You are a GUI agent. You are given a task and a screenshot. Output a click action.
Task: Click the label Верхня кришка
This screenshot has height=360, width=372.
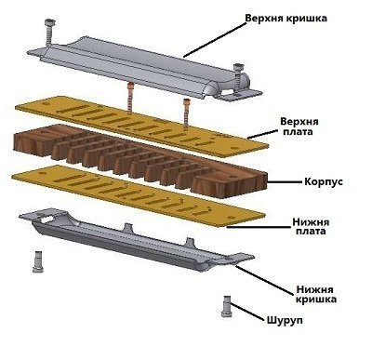coord(286,19)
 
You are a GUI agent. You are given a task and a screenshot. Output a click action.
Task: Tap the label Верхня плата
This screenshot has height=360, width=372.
coord(299,126)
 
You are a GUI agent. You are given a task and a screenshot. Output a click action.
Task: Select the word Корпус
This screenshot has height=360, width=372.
coord(324,181)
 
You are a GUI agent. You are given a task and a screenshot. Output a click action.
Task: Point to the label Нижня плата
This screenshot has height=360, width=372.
coord(311,226)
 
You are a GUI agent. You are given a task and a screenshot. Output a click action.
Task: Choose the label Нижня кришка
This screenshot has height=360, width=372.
coord(315,294)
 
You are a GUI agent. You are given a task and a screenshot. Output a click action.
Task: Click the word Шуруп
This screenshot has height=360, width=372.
coord(285,320)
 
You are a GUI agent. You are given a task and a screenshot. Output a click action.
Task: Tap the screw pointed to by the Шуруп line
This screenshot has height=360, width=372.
coord(227,306)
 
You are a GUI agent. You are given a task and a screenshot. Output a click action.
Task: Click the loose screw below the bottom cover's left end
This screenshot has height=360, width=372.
coord(38,261)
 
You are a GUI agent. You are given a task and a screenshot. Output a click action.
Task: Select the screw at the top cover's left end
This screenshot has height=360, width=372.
coord(49,32)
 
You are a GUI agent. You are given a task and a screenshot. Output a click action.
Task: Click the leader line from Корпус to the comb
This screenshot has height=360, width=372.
coord(285,181)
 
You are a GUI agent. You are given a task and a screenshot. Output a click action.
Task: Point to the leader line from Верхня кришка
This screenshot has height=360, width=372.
coord(215,39)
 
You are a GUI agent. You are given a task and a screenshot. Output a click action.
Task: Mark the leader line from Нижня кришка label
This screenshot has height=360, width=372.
coord(265,280)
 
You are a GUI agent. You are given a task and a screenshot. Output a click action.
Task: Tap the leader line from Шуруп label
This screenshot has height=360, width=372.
coord(248,312)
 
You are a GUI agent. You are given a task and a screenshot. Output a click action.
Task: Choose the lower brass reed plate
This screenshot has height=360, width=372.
coord(139,195)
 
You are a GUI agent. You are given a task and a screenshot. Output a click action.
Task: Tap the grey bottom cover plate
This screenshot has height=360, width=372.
coord(137,240)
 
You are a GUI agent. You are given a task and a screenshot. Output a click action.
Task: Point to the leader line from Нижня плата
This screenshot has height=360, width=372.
coord(259,227)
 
